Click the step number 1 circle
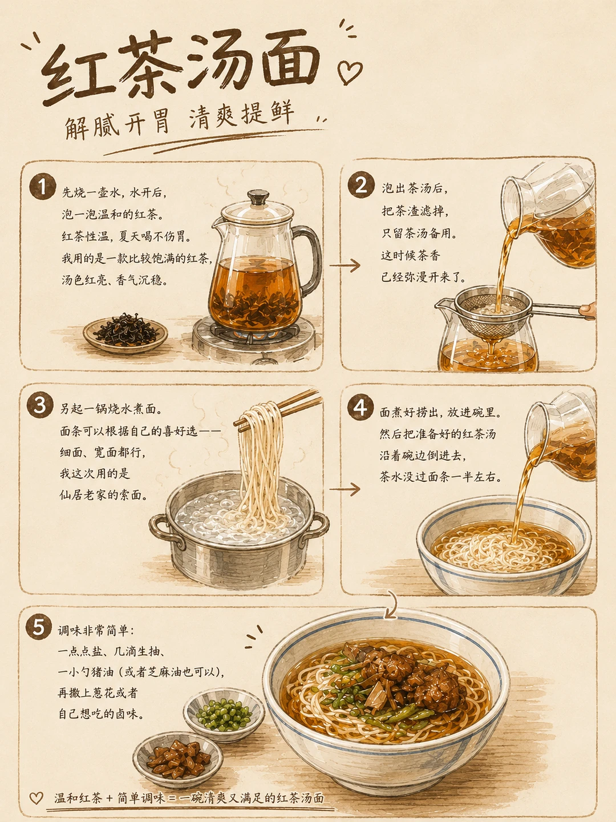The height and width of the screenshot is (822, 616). [x=43, y=186]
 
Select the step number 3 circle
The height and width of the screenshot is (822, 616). [x=40, y=405]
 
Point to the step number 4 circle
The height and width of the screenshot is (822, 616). [x=360, y=407]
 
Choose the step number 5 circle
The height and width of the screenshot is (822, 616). [x=39, y=627]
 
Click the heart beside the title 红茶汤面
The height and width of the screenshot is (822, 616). [x=350, y=72]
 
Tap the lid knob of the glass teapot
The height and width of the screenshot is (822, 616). [x=258, y=196]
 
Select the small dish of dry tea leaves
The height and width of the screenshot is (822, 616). [x=125, y=333]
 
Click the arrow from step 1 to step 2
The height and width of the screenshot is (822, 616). [x=345, y=265]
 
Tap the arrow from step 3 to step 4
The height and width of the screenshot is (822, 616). [x=345, y=489]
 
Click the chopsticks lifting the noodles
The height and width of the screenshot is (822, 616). [x=278, y=410]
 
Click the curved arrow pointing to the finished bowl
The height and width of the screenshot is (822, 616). [x=393, y=605]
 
